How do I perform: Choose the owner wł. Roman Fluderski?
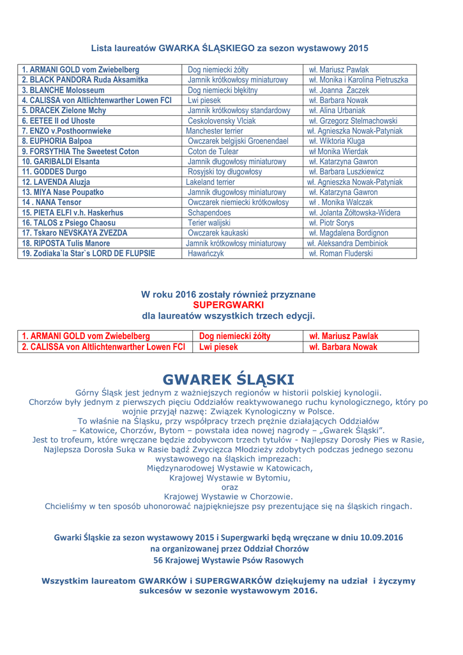tap(342, 253)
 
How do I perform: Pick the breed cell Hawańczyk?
tap(206, 253)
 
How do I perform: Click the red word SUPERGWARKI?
tap(228, 304)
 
